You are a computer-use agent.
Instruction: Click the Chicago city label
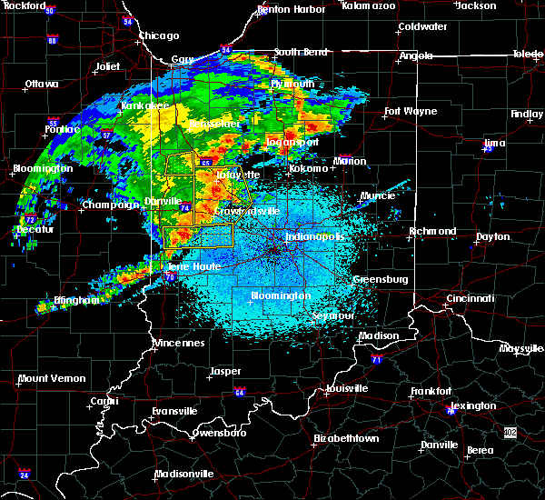coord(159,36)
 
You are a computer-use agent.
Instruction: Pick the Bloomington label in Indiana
coord(281,296)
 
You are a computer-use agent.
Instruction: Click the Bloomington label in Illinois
coord(42,169)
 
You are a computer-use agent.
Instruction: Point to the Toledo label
coord(527,55)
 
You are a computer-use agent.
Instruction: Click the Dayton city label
coord(492,237)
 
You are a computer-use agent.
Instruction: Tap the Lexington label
coord(473,405)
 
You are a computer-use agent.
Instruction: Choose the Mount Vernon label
coord(52,378)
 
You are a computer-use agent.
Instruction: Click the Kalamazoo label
coord(369,5)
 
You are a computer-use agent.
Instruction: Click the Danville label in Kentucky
coord(439,445)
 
